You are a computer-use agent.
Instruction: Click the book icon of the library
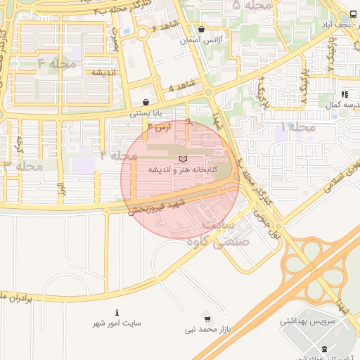click(x=184, y=160)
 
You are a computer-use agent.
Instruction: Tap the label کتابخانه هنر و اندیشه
click(x=182, y=170)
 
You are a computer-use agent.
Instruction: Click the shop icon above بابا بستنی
click(x=146, y=102)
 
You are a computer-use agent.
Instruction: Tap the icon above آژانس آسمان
click(x=202, y=30)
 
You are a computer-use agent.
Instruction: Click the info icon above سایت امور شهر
click(x=117, y=312)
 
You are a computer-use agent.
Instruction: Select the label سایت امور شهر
click(x=117, y=323)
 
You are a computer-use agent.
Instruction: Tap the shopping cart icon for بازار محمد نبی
click(x=207, y=319)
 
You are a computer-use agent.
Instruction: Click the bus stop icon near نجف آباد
click(x=352, y=15)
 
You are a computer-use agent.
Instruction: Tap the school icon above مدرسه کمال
click(x=344, y=94)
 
